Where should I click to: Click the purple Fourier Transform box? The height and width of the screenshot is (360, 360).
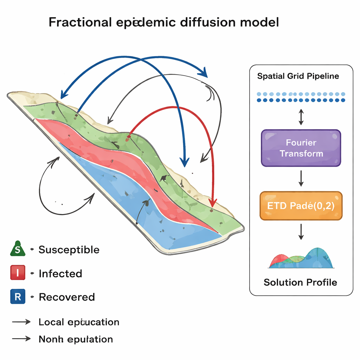(x=301, y=148)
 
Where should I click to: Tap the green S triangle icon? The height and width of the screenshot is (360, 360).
(x=18, y=250)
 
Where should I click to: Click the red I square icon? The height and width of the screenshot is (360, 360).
(x=18, y=273)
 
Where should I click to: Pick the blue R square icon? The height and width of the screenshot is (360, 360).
(x=18, y=297)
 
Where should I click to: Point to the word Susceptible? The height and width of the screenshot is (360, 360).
(x=69, y=250)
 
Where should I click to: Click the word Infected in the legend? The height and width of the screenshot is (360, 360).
(x=60, y=274)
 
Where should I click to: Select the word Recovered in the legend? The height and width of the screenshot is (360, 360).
(x=67, y=297)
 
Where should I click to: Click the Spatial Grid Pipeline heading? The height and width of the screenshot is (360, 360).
(x=298, y=76)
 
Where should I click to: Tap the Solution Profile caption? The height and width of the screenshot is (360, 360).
(x=300, y=282)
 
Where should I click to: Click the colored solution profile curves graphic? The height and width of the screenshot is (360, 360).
(x=301, y=259)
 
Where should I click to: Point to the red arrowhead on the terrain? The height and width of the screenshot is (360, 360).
(x=212, y=203)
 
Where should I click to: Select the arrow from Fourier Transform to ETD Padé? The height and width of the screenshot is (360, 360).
(x=301, y=179)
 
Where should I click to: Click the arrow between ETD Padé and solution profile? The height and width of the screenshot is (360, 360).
(x=301, y=232)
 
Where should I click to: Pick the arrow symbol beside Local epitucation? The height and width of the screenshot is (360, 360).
(x=22, y=322)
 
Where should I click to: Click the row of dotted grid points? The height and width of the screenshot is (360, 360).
(x=301, y=97)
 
